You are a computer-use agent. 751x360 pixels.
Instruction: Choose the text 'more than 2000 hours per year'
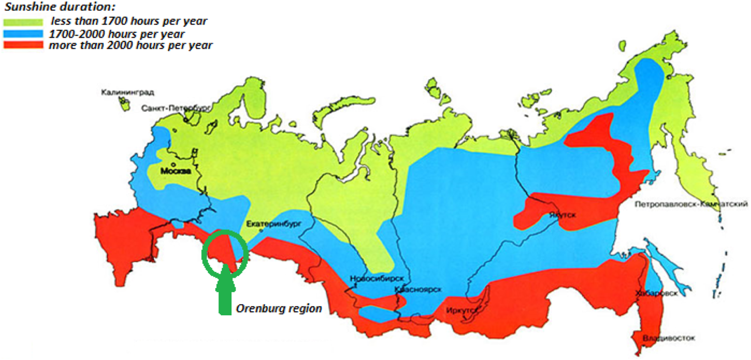[131, 46]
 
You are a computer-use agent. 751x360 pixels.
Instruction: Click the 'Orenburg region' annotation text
[278, 308]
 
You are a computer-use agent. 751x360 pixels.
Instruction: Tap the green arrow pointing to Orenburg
[225, 293]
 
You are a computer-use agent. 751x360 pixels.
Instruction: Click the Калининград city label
[128, 92]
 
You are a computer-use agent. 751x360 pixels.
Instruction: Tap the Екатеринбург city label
[274, 224]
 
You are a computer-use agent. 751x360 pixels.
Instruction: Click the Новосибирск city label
[377, 279]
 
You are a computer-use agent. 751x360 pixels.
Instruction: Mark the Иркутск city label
[459, 310]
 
